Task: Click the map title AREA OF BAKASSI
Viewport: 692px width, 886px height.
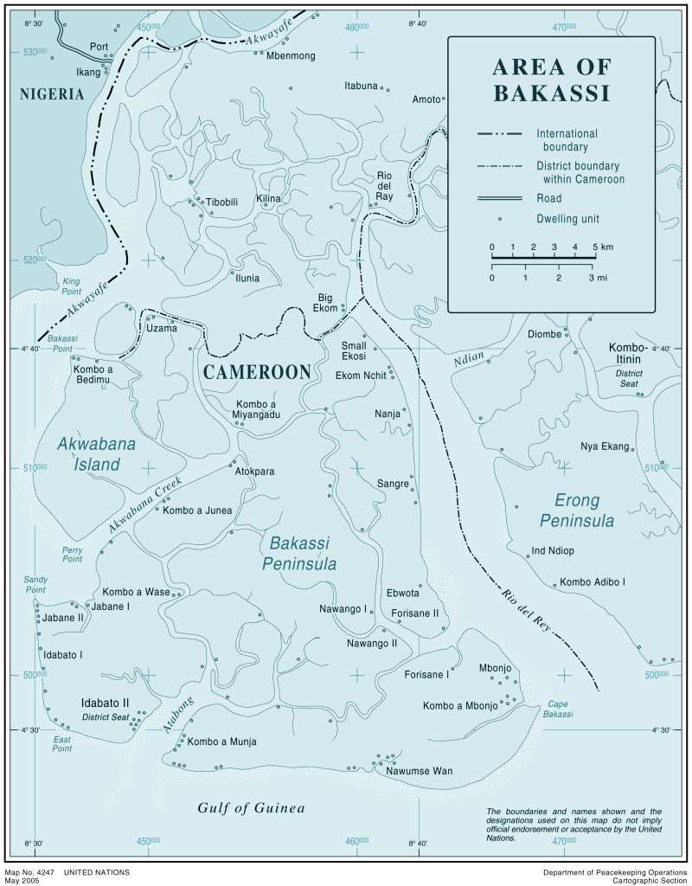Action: coord(551,80)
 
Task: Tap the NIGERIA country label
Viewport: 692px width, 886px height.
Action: coord(52,94)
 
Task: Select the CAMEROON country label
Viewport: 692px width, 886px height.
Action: coord(257,372)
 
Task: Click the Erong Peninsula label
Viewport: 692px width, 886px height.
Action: coord(577,510)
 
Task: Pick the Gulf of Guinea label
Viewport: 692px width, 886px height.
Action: coord(251,808)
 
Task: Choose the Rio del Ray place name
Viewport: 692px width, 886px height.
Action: coord(385,186)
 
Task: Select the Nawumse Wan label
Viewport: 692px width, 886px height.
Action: coord(419,771)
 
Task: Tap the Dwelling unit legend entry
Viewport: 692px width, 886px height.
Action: coord(567,219)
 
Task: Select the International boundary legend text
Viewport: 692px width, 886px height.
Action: coord(567,140)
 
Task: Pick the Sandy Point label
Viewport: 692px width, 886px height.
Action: coord(35,585)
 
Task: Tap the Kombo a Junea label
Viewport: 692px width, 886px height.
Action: coord(197,510)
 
